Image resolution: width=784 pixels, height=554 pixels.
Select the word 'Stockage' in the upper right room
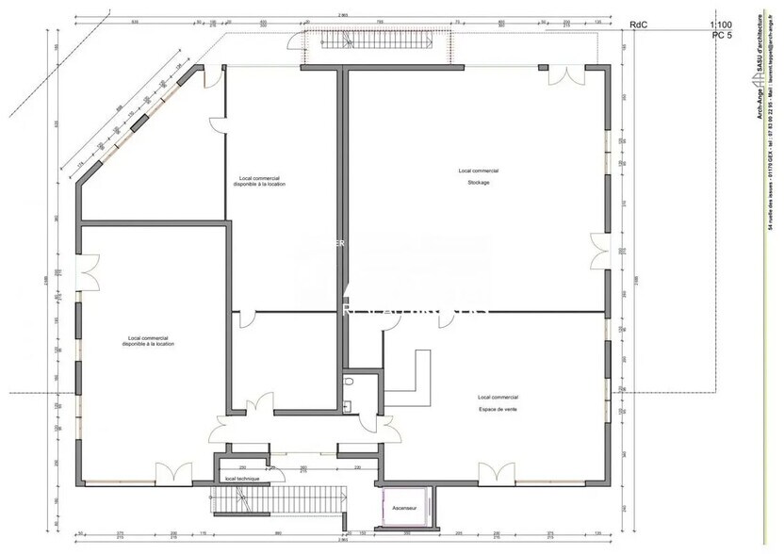click(479, 183)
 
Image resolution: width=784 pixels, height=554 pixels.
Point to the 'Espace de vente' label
click(498, 409)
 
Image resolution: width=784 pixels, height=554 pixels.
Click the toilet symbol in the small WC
click(349, 383)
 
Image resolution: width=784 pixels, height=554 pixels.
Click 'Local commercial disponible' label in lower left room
click(147, 341)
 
